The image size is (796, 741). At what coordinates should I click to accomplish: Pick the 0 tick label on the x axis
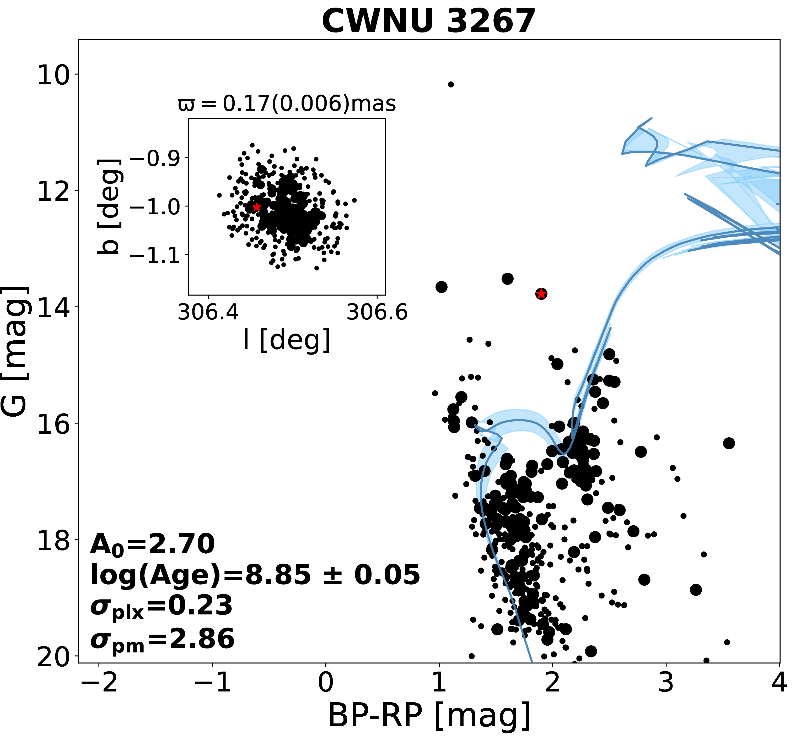click(x=326, y=683)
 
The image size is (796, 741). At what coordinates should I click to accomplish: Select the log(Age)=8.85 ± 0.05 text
click(x=255, y=575)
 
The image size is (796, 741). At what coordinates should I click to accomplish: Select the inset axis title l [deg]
click(x=287, y=340)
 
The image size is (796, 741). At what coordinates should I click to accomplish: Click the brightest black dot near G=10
click(x=450, y=84)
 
